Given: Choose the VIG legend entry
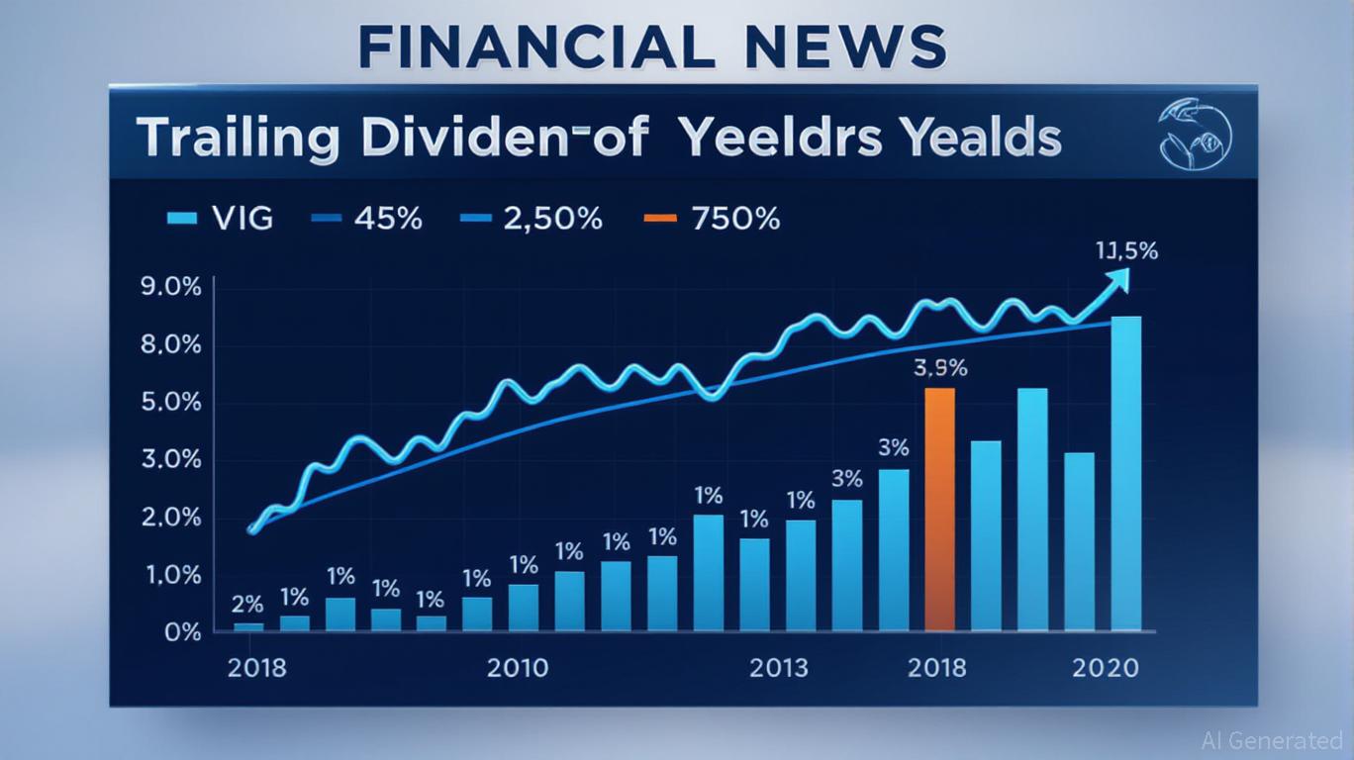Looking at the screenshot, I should pos(221,218).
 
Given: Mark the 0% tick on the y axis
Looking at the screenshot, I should pos(182,631).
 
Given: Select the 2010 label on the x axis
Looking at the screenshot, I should pos(517,668).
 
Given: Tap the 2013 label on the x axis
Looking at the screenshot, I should pos(778,668).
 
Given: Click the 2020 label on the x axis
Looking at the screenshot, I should pos(1106,668).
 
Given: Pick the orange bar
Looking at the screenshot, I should pos(939,509).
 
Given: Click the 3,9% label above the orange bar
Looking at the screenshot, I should pos(939,368).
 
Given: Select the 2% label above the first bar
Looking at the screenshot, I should pos(247,603).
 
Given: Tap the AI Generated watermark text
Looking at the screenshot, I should pos(1272,740).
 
